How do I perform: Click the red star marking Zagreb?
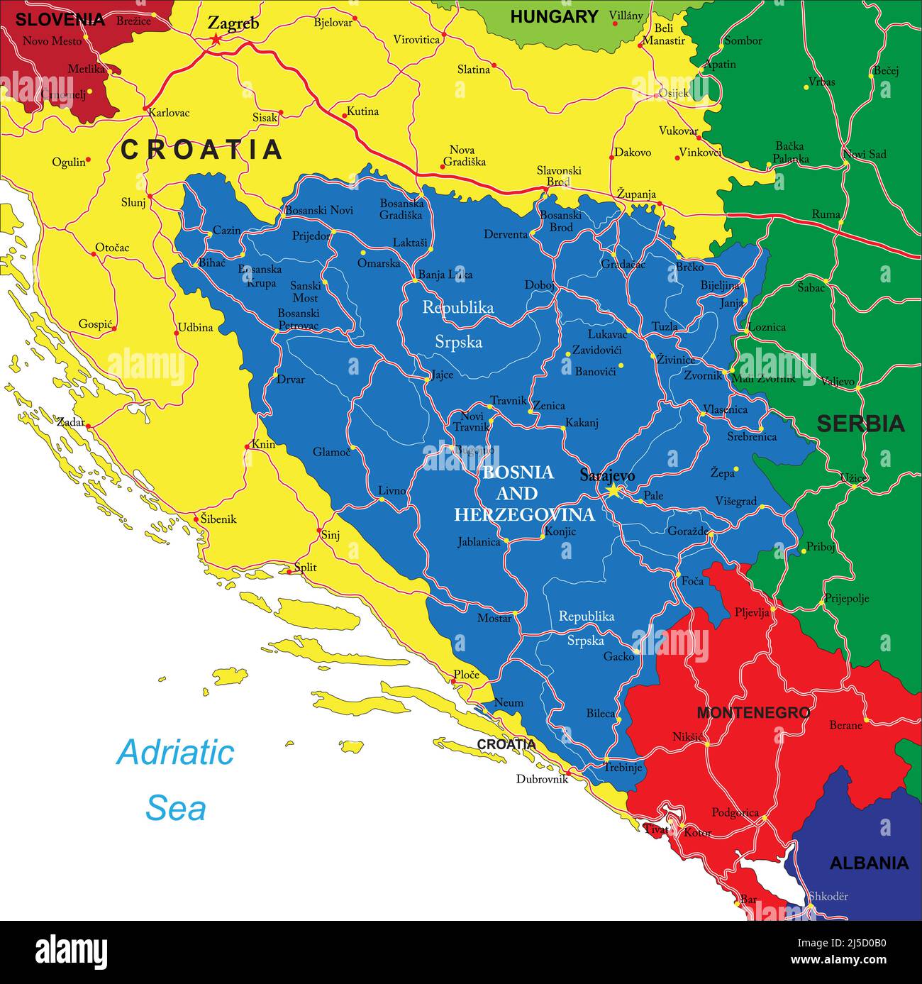215,40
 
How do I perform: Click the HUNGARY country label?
554,16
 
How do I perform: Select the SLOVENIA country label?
60,19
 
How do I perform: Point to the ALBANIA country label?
869,863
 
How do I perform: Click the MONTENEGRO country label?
753,713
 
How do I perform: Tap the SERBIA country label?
860,424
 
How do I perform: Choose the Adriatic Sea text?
175,780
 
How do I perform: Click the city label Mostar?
494,618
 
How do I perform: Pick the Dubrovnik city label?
543,779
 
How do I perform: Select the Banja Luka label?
445,275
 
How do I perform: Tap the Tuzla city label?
665,326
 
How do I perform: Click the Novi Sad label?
864,154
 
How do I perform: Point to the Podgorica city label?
735,813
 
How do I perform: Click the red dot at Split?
289,571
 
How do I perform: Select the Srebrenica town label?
752,437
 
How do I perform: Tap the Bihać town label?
211,263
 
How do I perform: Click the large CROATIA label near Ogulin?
201,150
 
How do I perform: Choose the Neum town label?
509,702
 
